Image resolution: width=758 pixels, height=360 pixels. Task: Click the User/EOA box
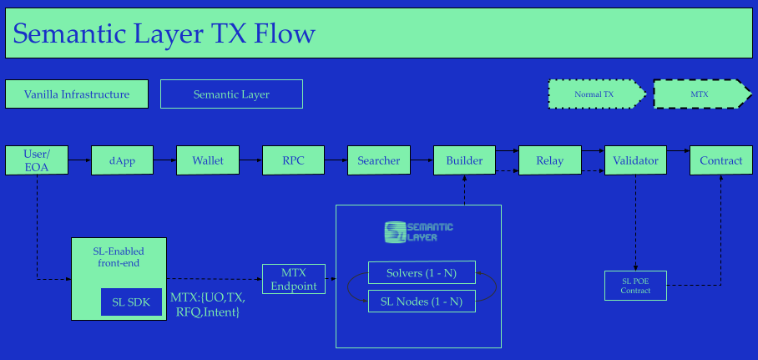click(x=37, y=160)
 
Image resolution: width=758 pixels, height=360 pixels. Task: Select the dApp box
click(x=122, y=160)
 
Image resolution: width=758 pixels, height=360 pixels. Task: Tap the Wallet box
click(x=208, y=160)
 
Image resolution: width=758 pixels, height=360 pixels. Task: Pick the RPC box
click(x=293, y=160)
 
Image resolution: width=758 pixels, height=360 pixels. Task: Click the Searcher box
click(x=379, y=160)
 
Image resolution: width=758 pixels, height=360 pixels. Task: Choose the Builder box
click(x=464, y=160)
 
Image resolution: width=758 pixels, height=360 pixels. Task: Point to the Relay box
click(x=549, y=160)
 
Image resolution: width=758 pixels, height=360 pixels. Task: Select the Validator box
click(x=635, y=160)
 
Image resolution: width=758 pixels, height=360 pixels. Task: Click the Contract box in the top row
click(x=721, y=160)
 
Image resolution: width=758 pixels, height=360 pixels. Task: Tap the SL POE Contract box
click(x=635, y=286)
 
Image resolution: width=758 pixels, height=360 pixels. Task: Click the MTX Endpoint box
click(x=293, y=279)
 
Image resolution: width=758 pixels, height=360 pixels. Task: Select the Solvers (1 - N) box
click(x=422, y=273)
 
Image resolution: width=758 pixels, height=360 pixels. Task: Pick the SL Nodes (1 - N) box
click(x=422, y=302)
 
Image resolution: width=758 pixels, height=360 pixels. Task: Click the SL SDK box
click(x=131, y=302)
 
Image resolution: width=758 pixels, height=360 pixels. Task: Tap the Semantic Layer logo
click(x=419, y=231)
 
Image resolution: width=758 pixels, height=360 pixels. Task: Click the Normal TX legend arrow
click(x=596, y=94)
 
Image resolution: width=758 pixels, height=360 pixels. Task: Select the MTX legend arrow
click(x=700, y=94)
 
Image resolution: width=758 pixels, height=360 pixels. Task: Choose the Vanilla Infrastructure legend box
click(x=77, y=94)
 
